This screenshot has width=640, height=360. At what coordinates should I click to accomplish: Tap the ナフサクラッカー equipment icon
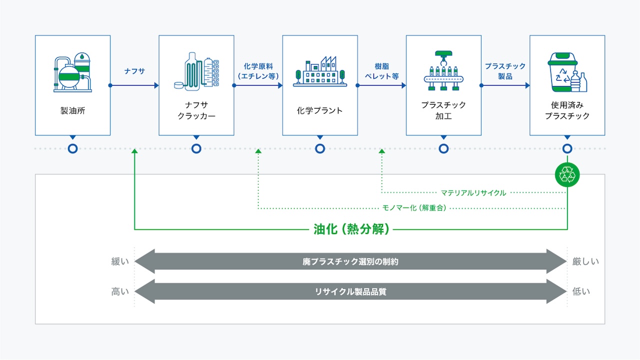(196, 71)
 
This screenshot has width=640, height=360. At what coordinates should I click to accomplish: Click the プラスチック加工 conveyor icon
(443, 71)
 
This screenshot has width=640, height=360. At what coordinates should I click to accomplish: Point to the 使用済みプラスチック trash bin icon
(567, 72)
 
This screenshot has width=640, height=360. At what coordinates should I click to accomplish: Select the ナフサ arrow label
(134, 71)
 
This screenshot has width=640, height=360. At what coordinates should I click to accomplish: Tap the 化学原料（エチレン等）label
(258, 71)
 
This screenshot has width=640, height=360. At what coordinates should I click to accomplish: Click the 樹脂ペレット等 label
(382, 71)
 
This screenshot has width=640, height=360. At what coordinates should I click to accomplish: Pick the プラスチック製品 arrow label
(505, 71)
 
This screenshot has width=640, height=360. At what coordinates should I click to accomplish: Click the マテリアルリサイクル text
(473, 192)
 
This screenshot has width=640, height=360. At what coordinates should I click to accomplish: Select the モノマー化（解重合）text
(414, 207)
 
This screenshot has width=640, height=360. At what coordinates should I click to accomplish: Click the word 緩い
(120, 261)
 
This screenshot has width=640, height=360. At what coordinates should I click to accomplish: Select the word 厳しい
(585, 261)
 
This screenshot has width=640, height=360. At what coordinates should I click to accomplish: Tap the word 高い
(120, 291)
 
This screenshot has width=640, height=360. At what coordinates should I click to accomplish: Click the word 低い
(581, 291)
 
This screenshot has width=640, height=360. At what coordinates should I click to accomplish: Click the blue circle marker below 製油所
(72, 148)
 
